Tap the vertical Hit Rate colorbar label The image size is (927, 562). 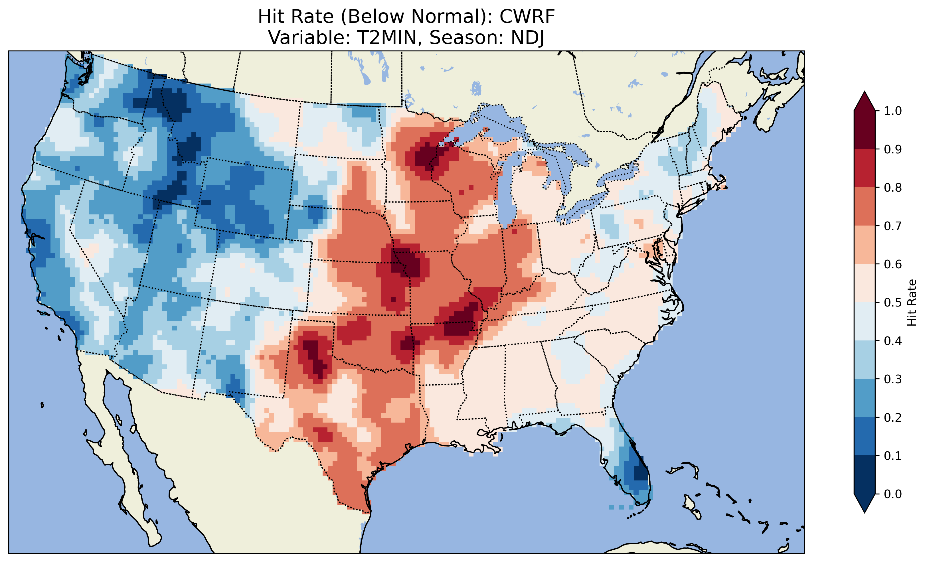pos(911,303)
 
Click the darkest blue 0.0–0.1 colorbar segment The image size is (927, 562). pos(865,474)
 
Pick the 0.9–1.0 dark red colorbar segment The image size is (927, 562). pos(865,130)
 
